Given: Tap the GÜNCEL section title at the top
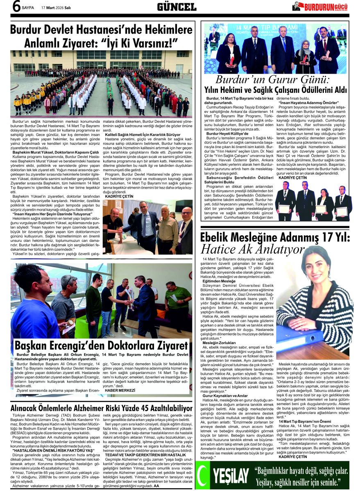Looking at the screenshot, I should point(177,7).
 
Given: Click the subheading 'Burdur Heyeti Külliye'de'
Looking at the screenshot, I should point(227,134).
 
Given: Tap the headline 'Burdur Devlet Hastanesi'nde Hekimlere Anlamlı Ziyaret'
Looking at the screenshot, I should point(101,36).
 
